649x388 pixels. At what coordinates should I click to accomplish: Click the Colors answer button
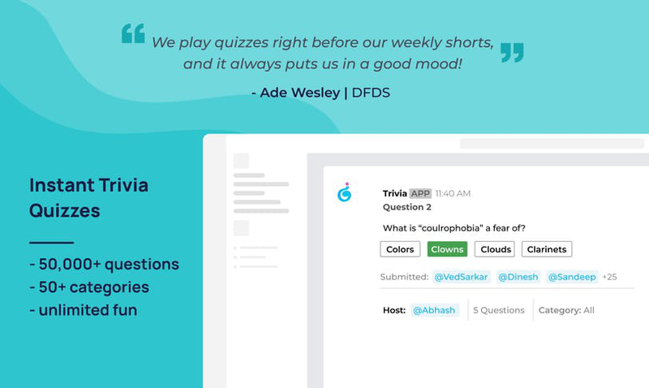point(400,249)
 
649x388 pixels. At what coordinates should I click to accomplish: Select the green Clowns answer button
point(447,249)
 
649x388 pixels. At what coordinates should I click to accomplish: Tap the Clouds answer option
point(495,249)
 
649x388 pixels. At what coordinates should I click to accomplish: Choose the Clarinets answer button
point(547,249)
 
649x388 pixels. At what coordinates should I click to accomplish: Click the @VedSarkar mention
point(461,277)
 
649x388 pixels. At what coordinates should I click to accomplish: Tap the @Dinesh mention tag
point(518,277)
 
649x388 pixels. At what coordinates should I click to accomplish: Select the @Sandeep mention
point(572,277)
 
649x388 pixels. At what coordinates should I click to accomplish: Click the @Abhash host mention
point(434,310)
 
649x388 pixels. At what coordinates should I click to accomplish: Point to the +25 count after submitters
point(609,277)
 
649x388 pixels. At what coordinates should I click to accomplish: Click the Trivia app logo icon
point(344,192)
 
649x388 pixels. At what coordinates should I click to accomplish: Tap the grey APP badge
point(420,193)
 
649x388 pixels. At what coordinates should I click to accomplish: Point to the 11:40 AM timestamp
point(453,193)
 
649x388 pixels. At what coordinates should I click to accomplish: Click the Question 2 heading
point(407,207)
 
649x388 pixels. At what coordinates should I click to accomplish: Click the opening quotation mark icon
point(133,33)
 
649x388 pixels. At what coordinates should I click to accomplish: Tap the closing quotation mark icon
point(512,53)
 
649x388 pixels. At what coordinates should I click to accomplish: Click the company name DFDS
point(371,93)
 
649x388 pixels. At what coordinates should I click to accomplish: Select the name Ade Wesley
point(299,93)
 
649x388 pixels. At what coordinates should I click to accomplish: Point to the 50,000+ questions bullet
point(105,264)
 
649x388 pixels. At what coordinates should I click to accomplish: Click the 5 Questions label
point(499,310)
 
